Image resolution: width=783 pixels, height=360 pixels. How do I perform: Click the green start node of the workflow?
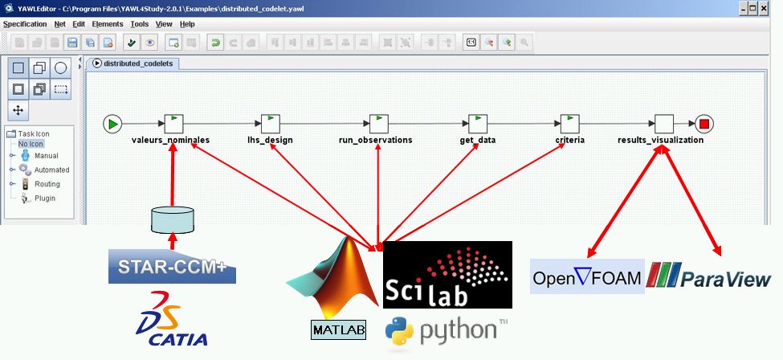(113, 124)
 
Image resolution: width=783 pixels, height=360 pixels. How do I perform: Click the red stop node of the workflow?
(704, 124)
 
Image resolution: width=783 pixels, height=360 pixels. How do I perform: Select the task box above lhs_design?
(271, 124)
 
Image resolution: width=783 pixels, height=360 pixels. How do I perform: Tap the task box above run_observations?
(379, 124)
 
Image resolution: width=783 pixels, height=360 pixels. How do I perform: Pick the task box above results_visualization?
(664, 124)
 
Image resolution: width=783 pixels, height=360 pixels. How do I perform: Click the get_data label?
(478, 141)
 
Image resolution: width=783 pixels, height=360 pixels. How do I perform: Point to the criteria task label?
(569, 140)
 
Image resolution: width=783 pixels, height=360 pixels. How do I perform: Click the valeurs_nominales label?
(171, 140)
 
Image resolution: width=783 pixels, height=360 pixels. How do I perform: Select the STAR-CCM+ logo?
(173, 267)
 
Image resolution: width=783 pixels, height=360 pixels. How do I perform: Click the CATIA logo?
(172, 319)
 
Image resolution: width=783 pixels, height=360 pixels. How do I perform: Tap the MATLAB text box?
(339, 330)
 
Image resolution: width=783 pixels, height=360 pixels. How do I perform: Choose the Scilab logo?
(447, 275)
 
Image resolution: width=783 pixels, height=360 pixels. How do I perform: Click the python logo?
(447, 332)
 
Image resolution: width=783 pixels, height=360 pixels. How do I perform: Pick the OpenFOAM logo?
(587, 276)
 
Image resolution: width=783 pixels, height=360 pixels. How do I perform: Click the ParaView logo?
(708, 275)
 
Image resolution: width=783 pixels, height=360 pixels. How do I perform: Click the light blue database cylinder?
(173, 220)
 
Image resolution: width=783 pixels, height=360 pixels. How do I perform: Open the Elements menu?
(108, 24)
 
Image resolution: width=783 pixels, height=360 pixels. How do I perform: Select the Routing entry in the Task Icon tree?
(47, 184)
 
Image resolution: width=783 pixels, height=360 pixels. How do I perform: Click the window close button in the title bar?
(764, 9)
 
